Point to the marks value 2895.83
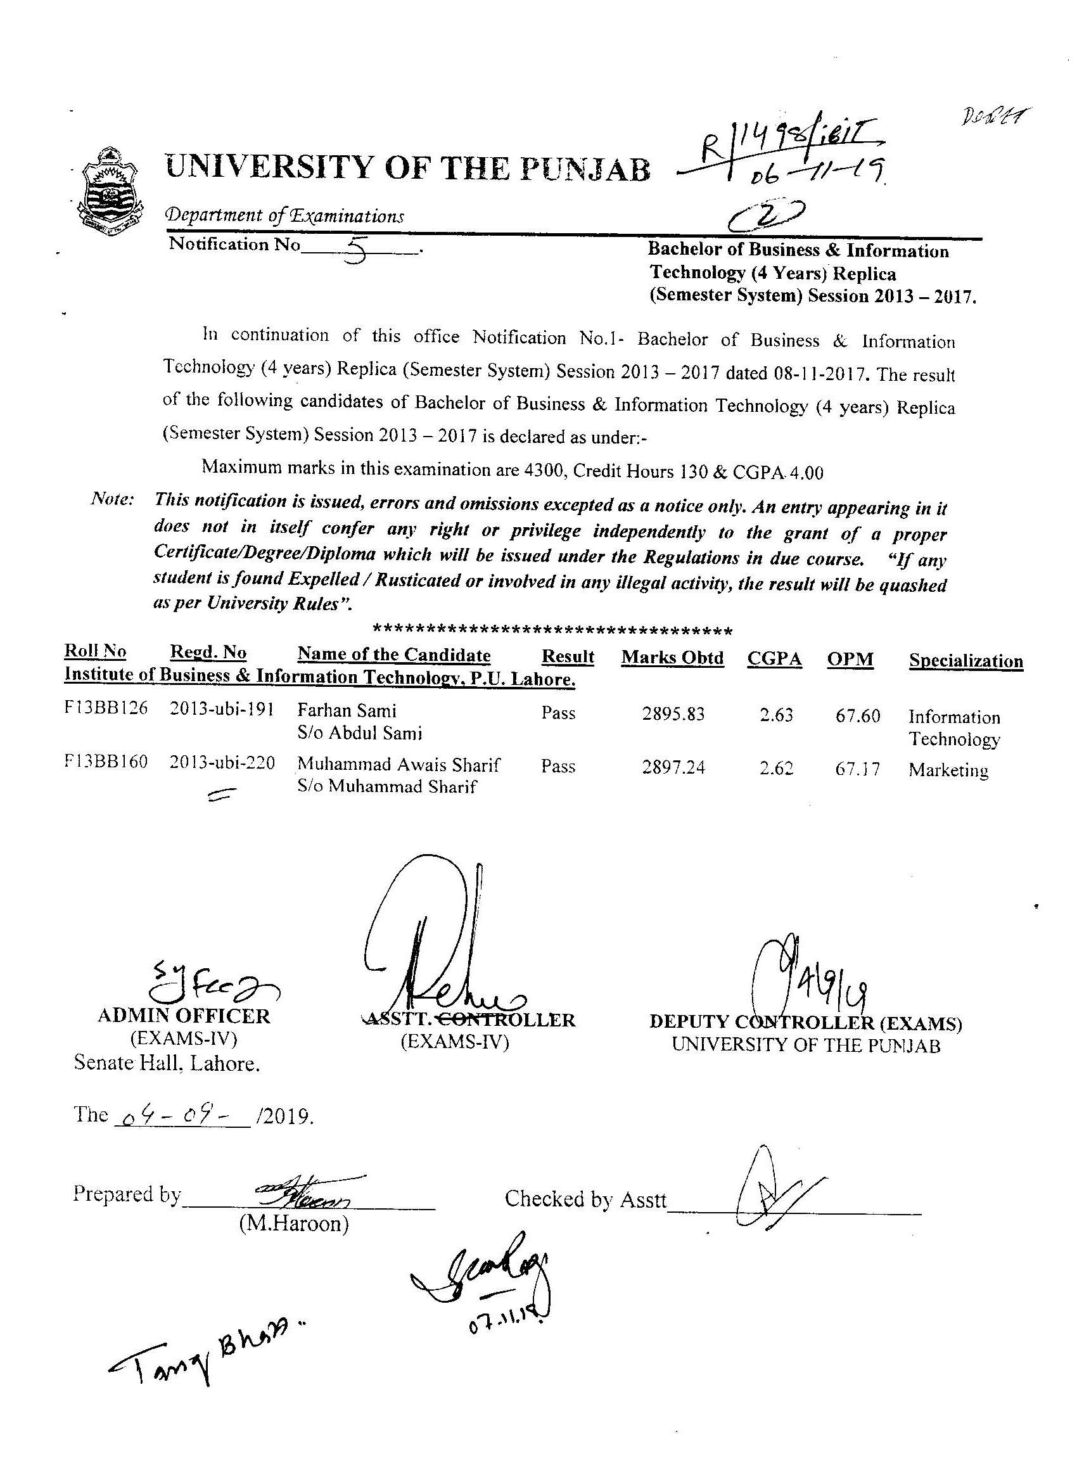673,714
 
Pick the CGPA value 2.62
776,768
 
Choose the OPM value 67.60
857,716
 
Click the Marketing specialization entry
948,770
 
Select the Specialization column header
965,660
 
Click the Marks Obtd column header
672,658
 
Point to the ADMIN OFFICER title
183,1016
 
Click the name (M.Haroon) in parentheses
293,1224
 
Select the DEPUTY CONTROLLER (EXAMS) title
806,1022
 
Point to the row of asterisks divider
552,631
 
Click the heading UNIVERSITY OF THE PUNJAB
407,168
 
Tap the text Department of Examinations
284,215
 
